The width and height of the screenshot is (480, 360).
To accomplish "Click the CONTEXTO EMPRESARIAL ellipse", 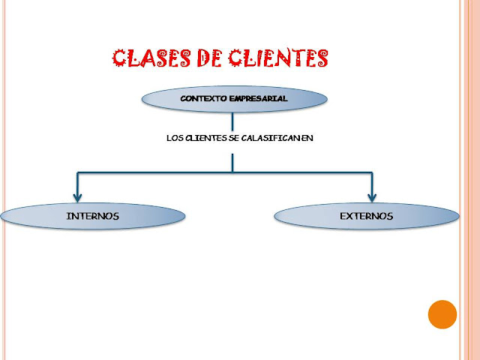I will click(x=234, y=98).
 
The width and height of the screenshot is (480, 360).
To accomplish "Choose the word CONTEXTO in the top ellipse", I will click(x=204, y=98).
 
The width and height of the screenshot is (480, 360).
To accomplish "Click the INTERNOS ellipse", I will click(x=92, y=216).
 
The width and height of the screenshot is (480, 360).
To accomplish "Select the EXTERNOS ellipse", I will click(x=366, y=216).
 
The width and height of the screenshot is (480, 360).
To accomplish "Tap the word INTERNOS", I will click(x=92, y=216).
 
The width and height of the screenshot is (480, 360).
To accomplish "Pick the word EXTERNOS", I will click(x=366, y=216).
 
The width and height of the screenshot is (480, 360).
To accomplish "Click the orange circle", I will click(x=442, y=314).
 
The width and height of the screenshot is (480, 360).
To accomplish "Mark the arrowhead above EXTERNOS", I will click(x=371, y=196).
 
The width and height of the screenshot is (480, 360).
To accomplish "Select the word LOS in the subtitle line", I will click(x=174, y=138).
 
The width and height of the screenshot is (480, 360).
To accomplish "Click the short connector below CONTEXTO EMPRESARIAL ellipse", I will click(x=232, y=121).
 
